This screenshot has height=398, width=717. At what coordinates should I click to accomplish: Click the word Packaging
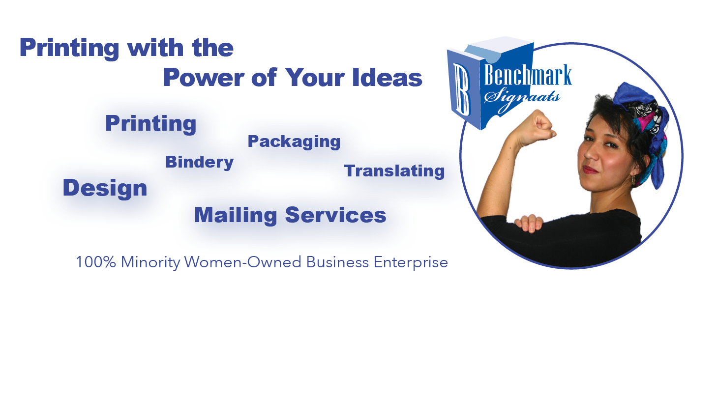[x=294, y=142]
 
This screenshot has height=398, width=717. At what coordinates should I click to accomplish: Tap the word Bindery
[x=199, y=162]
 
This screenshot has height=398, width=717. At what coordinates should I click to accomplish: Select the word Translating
[x=394, y=171]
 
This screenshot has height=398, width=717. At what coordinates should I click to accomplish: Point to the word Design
[x=105, y=188]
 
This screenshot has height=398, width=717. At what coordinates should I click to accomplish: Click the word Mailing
[x=236, y=215]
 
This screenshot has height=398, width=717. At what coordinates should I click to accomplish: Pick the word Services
[x=335, y=215]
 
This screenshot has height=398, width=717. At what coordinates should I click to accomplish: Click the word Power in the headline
[x=204, y=77]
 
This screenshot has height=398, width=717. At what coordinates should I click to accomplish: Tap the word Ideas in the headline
[x=387, y=77]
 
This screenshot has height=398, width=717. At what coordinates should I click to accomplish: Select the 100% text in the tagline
[x=96, y=262]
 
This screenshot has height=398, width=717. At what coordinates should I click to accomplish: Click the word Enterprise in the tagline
[x=411, y=263]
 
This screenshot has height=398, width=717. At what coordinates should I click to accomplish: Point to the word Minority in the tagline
[x=150, y=263]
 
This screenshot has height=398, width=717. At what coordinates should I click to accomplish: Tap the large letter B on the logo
[x=462, y=89]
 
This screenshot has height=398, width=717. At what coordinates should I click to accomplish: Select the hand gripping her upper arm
[x=529, y=223]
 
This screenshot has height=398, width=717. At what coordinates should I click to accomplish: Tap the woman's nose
[x=592, y=152]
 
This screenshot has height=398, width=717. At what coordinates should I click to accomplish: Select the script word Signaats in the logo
[x=522, y=99]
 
